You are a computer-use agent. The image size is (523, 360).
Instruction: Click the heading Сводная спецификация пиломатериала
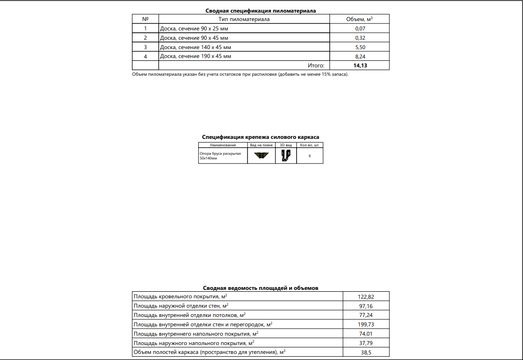click(x=261, y=10)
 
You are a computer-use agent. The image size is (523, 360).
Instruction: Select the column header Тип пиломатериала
click(x=244, y=19)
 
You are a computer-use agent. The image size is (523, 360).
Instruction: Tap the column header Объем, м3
click(x=359, y=19)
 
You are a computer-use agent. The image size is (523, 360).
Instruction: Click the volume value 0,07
click(x=360, y=29)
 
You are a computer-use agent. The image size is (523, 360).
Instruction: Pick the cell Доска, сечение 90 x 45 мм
click(x=194, y=38)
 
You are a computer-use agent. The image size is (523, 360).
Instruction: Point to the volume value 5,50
click(x=360, y=47)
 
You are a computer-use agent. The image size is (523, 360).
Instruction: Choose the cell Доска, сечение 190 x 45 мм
click(x=196, y=56)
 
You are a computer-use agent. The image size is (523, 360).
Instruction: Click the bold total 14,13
click(x=360, y=65)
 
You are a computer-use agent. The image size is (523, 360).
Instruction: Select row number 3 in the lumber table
click(x=145, y=47)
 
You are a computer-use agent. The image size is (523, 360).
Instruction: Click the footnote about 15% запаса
click(x=240, y=74)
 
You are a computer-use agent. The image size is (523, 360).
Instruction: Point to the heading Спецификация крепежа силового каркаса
click(x=261, y=137)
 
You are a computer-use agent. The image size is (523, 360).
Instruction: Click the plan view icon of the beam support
click(x=261, y=156)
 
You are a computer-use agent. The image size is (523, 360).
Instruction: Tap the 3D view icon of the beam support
click(x=286, y=156)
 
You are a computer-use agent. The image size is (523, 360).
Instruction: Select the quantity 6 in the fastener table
click(x=310, y=156)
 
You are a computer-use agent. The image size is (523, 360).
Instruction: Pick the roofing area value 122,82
click(x=365, y=296)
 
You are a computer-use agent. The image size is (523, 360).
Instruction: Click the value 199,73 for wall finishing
click(x=365, y=324)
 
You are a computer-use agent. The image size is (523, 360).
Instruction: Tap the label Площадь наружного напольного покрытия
click(x=194, y=343)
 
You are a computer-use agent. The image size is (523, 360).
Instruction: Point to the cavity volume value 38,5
click(x=365, y=353)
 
